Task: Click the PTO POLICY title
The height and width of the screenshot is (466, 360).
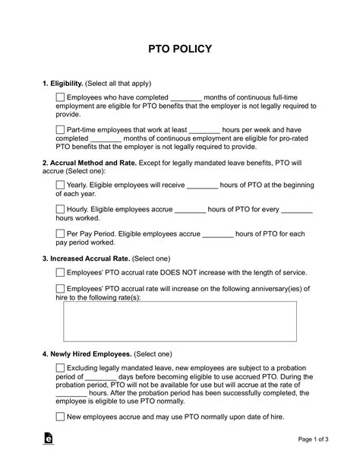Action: (179, 49)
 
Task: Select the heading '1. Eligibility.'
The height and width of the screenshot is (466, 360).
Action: (65, 83)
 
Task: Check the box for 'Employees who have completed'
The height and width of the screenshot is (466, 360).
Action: (61, 97)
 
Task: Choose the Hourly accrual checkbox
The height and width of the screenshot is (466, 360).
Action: (61, 210)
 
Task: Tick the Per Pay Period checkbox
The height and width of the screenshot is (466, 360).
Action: (61, 235)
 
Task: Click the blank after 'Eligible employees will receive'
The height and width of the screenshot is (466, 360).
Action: (202, 184)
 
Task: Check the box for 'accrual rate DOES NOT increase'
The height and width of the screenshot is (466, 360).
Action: (61, 272)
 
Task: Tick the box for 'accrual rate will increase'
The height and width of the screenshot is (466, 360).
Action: (61, 288)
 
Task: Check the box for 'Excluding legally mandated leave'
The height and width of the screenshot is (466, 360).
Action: (61, 368)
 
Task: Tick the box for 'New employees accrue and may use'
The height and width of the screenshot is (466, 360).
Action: (61, 416)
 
